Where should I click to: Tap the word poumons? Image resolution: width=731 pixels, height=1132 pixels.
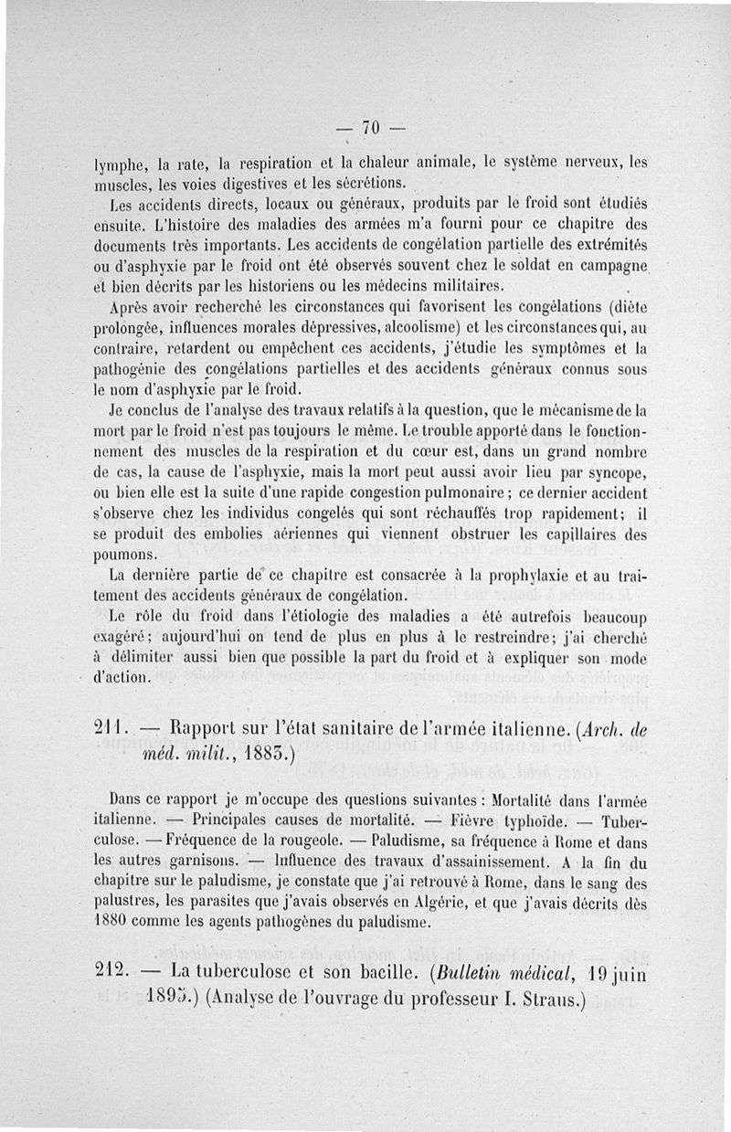click(128, 555)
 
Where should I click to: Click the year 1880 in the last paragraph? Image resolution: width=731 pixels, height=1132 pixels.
click(116, 921)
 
